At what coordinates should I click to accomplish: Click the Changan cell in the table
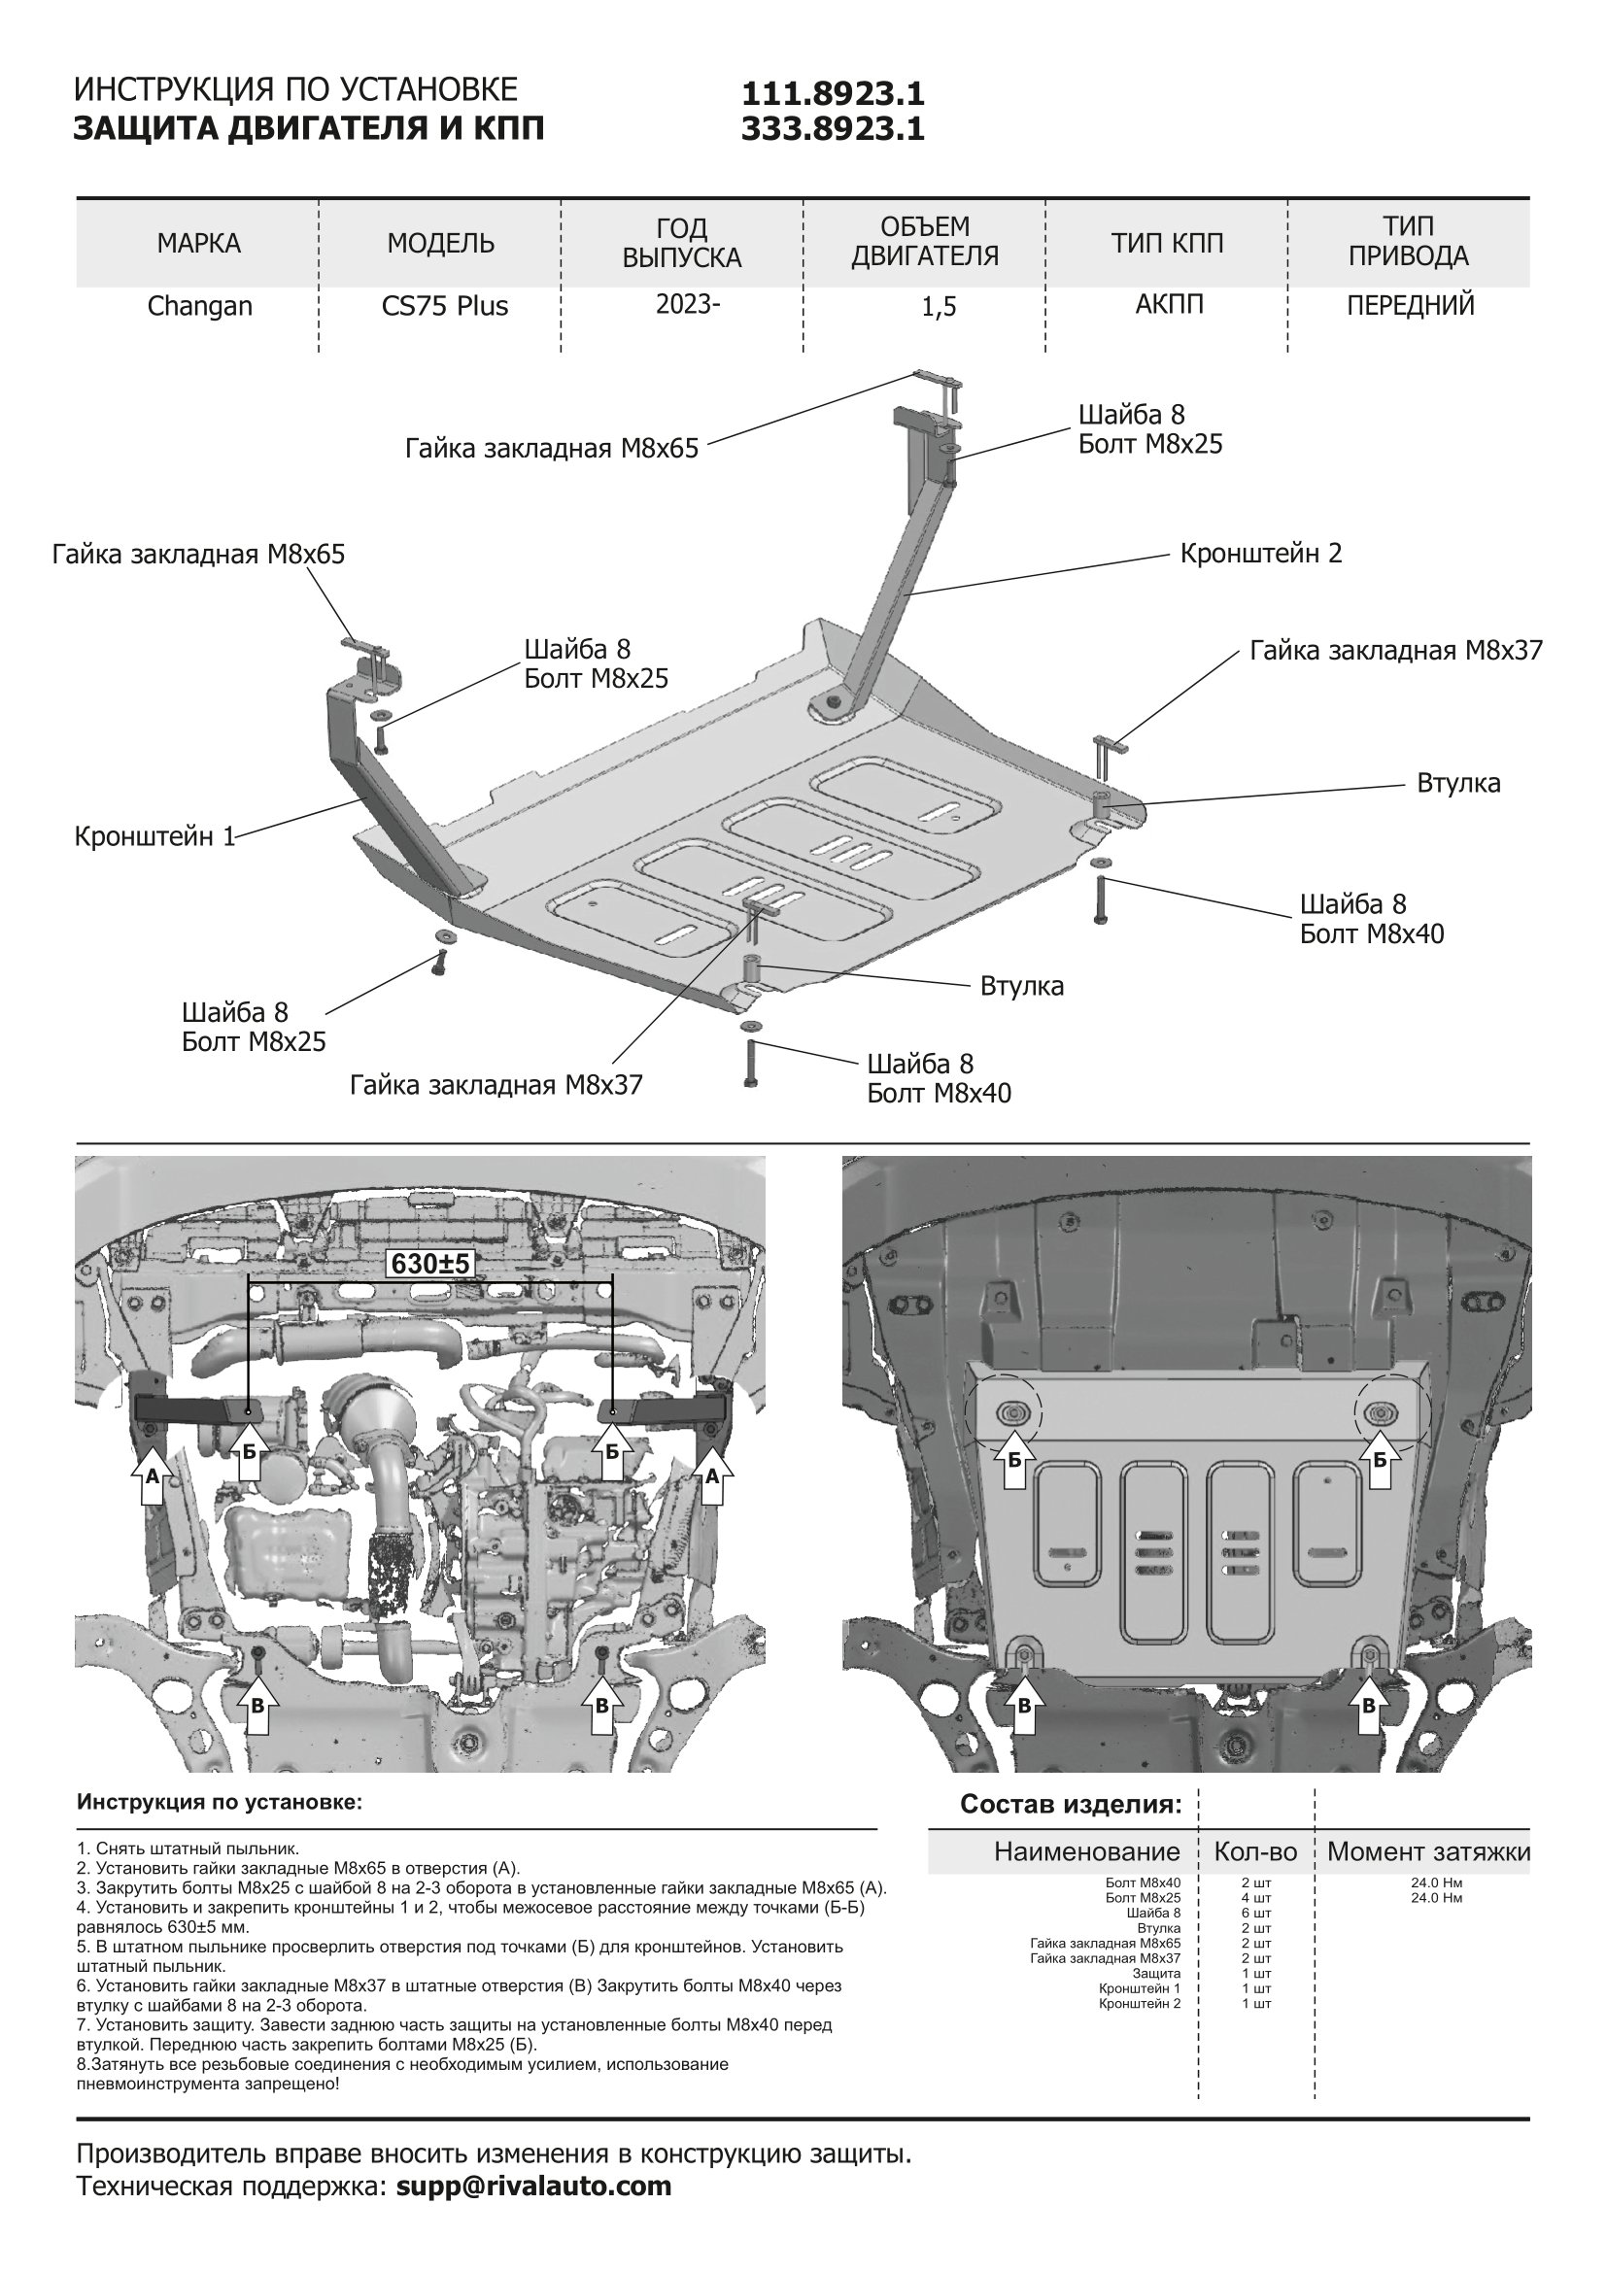200,306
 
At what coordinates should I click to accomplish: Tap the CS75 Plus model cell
444,306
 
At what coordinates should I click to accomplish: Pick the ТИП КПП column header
1167,244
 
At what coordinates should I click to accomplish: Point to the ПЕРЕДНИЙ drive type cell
1409,305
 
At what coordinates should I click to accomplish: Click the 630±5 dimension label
430,1264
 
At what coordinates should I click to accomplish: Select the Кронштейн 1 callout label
154,836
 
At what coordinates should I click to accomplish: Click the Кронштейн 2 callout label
1261,553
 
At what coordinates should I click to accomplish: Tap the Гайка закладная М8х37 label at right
1395,650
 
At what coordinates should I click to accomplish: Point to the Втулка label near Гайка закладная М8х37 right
1457,783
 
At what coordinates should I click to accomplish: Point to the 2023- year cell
688,304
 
